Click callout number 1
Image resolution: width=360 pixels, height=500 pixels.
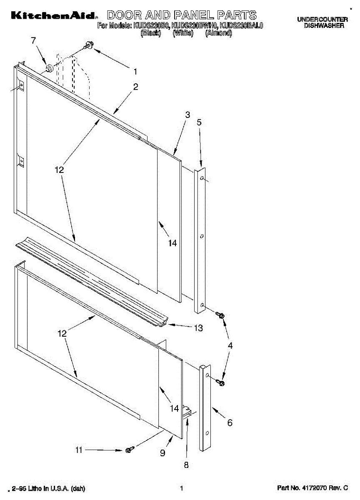click(135, 71)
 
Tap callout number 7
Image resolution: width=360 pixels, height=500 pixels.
click(34, 40)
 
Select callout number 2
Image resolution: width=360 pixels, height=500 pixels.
click(135, 87)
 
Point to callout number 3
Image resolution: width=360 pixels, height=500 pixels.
click(187, 114)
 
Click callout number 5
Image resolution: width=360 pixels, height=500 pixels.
click(199, 122)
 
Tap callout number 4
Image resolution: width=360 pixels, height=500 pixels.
click(230, 345)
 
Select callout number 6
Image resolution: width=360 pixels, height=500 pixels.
click(230, 423)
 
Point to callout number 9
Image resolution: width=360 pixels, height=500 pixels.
click(162, 453)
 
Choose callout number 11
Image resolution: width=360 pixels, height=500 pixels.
click(79, 450)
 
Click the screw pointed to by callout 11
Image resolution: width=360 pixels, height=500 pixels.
click(130, 449)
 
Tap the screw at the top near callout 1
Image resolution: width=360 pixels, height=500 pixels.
click(89, 45)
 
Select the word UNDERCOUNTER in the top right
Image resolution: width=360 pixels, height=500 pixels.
click(322, 20)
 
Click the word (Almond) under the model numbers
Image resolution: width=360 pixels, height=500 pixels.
click(218, 33)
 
